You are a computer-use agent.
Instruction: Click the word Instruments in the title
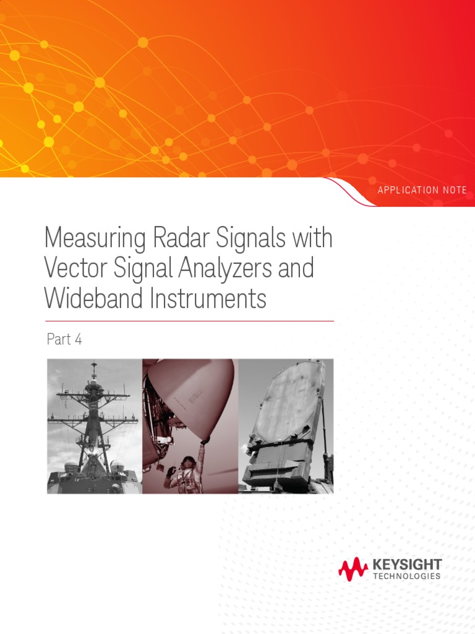point(207,298)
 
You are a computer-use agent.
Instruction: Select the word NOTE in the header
point(455,190)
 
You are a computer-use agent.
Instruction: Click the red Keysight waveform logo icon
point(353,568)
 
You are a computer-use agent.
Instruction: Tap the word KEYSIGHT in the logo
point(407,564)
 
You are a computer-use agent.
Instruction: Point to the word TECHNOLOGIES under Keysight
point(407,576)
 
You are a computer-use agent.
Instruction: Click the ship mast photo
point(94,426)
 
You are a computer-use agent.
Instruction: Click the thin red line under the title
point(189,321)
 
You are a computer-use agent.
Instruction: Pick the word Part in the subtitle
point(59,339)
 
